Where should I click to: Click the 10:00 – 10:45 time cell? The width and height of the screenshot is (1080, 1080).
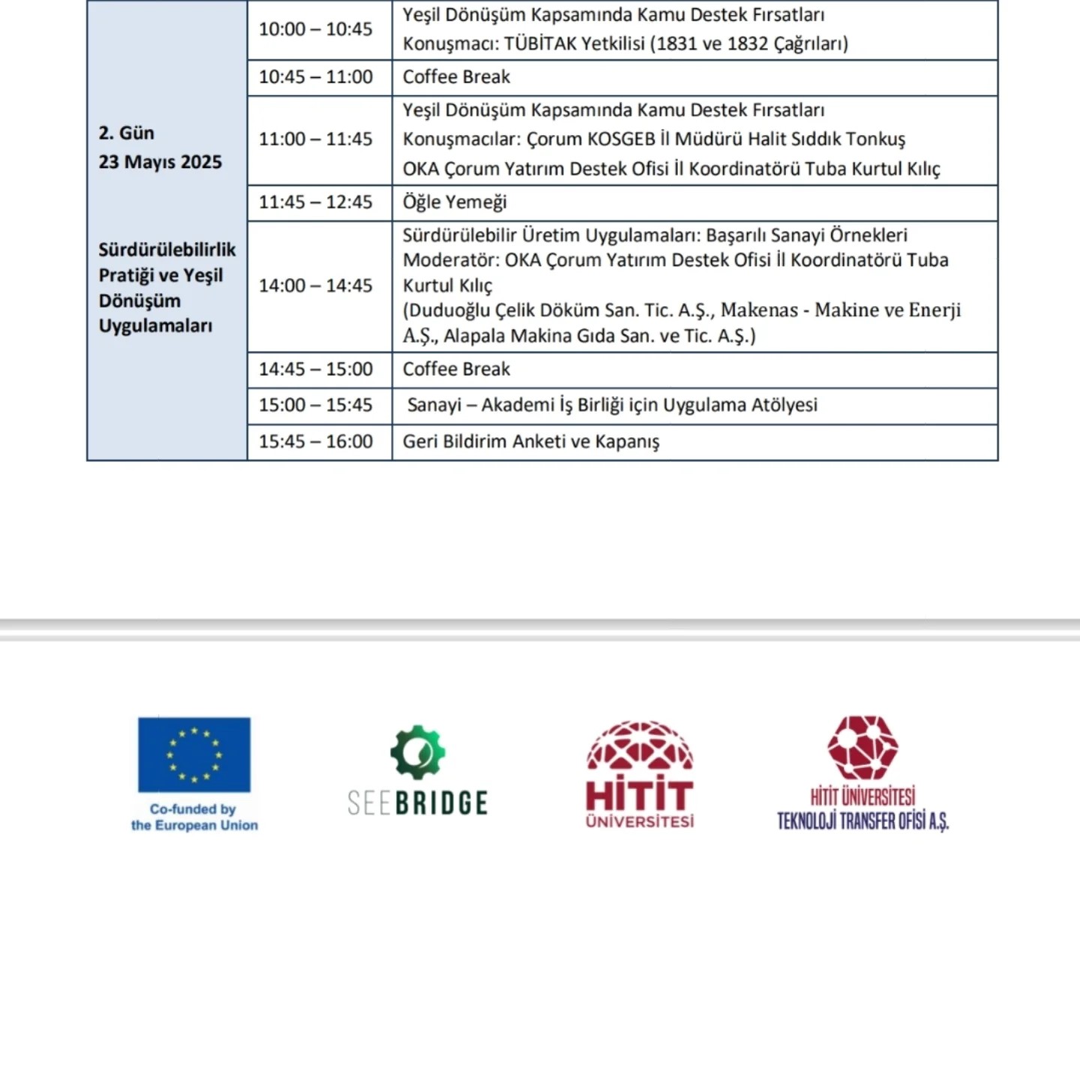pyautogui.click(x=316, y=29)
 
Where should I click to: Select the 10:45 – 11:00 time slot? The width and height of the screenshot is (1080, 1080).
pyautogui.click(x=316, y=77)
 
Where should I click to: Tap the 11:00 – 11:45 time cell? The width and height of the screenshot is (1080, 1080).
pyautogui.click(x=316, y=139)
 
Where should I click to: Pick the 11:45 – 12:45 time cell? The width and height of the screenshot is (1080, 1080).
pyautogui.click(x=316, y=202)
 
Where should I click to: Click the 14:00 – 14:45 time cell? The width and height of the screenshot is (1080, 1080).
pyautogui.click(x=316, y=286)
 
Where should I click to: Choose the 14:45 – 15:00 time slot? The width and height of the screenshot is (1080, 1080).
pyautogui.click(x=316, y=370)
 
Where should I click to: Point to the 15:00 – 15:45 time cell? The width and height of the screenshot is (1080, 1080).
pyautogui.click(x=316, y=406)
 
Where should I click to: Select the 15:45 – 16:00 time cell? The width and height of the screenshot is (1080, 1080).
pyautogui.click(x=316, y=442)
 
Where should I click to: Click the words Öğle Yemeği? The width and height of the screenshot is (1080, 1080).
pyautogui.click(x=454, y=202)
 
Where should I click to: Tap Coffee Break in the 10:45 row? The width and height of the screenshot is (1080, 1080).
pyautogui.click(x=456, y=77)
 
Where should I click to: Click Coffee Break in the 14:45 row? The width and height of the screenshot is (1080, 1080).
pyautogui.click(x=456, y=370)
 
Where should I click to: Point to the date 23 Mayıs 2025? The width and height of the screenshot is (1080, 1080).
pyautogui.click(x=160, y=162)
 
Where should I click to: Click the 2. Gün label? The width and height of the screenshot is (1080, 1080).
pyautogui.click(x=126, y=133)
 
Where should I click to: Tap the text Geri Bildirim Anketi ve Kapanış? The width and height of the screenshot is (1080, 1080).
pyautogui.click(x=531, y=442)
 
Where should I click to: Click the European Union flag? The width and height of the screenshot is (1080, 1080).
pyautogui.click(x=194, y=754)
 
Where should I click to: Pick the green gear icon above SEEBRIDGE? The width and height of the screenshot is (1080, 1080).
pyautogui.click(x=418, y=751)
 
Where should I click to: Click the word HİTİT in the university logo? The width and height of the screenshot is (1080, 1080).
pyautogui.click(x=640, y=795)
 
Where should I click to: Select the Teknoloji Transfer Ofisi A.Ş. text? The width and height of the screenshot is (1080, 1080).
pyautogui.click(x=862, y=822)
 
